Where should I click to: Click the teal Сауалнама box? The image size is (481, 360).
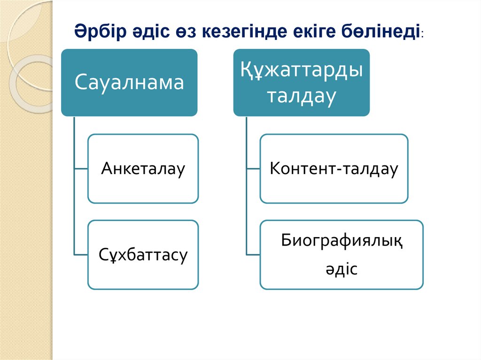(129, 82)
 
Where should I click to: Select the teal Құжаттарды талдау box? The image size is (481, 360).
(302, 82)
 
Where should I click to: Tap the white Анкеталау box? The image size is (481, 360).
(143, 169)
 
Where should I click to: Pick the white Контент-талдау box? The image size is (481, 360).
(334, 169)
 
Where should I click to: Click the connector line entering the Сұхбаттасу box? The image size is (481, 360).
(81, 254)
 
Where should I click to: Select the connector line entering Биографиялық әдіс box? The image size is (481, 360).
(253, 254)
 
